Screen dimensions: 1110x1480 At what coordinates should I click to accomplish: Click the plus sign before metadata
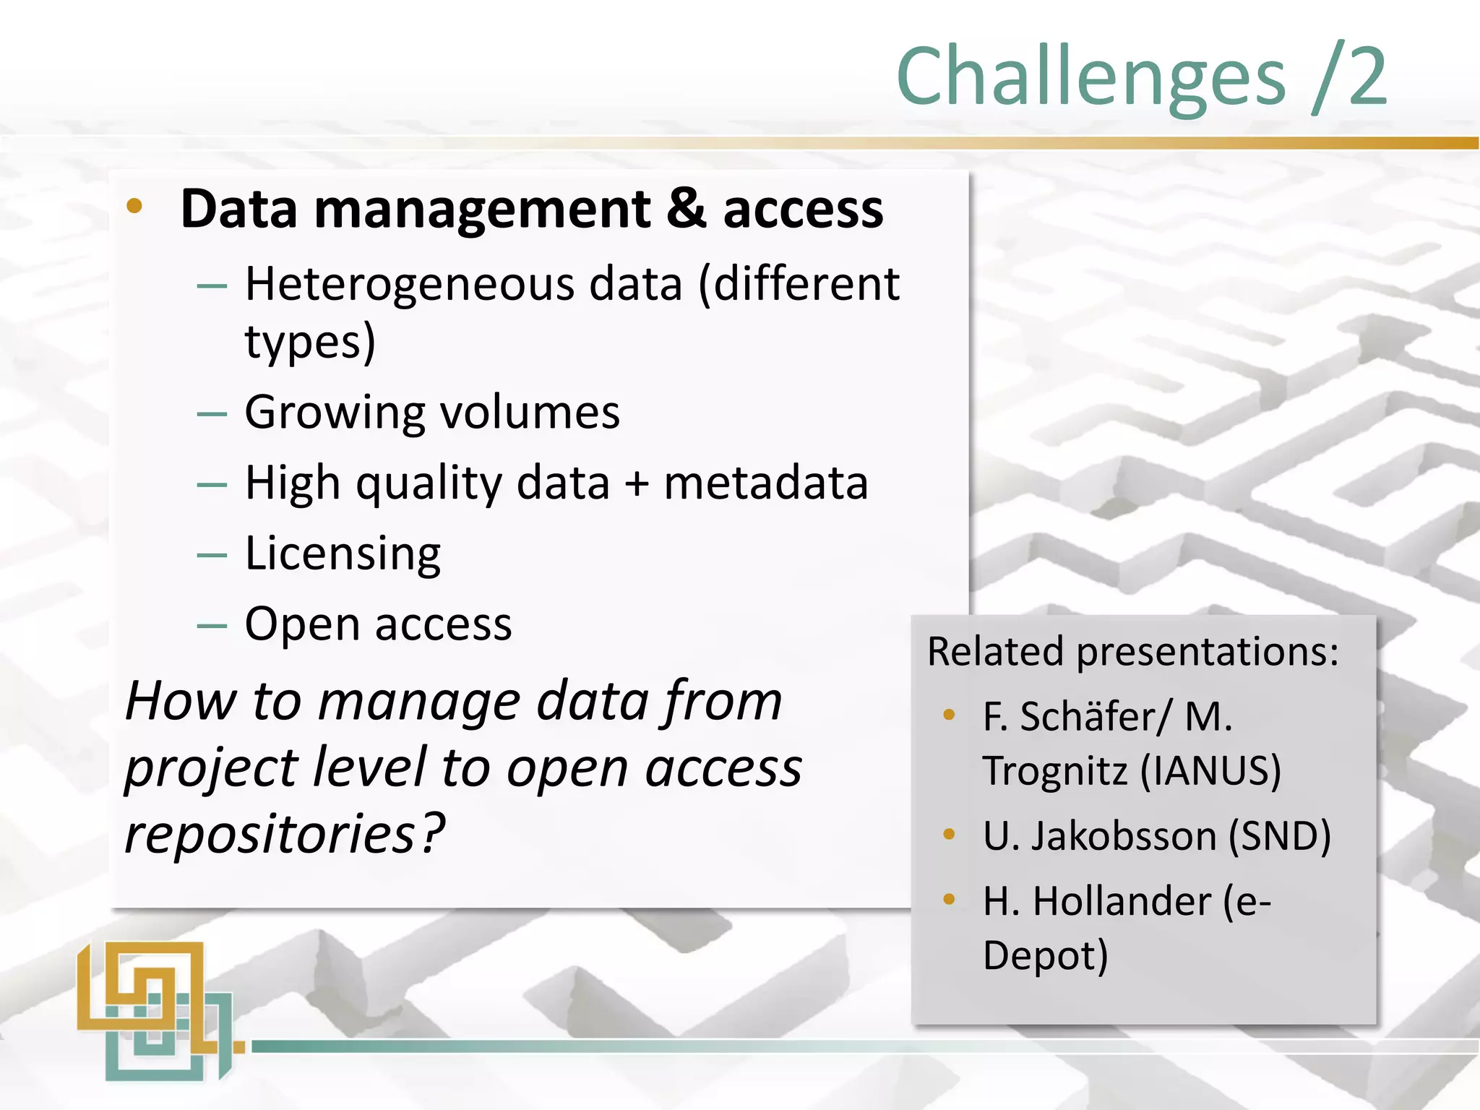click(637, 484)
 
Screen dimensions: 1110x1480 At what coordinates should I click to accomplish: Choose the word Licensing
click(343, 555)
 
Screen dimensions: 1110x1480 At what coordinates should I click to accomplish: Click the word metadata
click(766, 483)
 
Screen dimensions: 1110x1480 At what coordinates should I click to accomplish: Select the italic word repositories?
click(285, 834)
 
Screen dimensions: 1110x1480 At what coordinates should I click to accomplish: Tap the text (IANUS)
click(1210, 770)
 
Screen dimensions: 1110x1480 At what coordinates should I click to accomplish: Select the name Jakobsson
click(1124, 836)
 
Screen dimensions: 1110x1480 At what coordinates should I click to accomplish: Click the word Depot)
click(1045, 955)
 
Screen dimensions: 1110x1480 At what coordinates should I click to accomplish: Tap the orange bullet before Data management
click(134, 207)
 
